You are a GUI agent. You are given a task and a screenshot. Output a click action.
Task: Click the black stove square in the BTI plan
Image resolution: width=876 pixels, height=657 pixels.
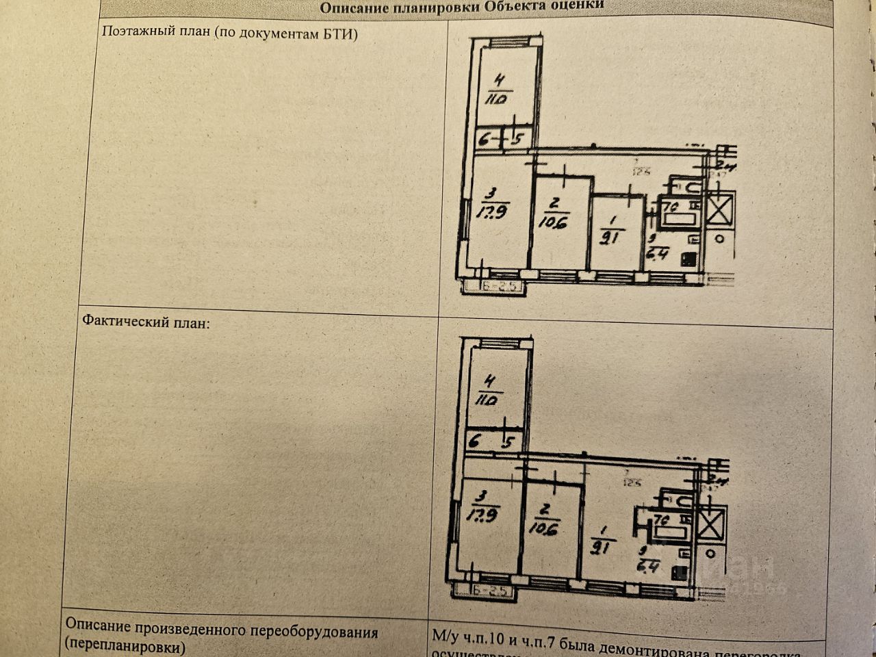click(x=686, y=259)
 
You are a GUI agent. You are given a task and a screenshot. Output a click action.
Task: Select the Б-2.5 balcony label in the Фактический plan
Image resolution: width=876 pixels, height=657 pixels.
click(x=489, y=590)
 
